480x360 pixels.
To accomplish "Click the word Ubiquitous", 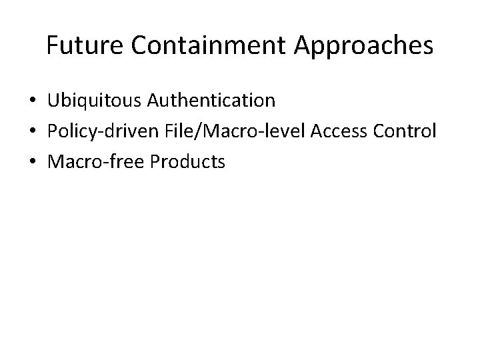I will tap(95, 101).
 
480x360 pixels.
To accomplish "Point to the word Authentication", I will tap(211, 101).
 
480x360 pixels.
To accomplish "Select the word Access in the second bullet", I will tap(346, 131).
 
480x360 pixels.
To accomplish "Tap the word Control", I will tap(408, 131).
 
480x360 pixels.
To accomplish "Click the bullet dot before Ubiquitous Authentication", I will tap(33, 101).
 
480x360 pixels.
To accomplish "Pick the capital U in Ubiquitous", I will tap(53, 101).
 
